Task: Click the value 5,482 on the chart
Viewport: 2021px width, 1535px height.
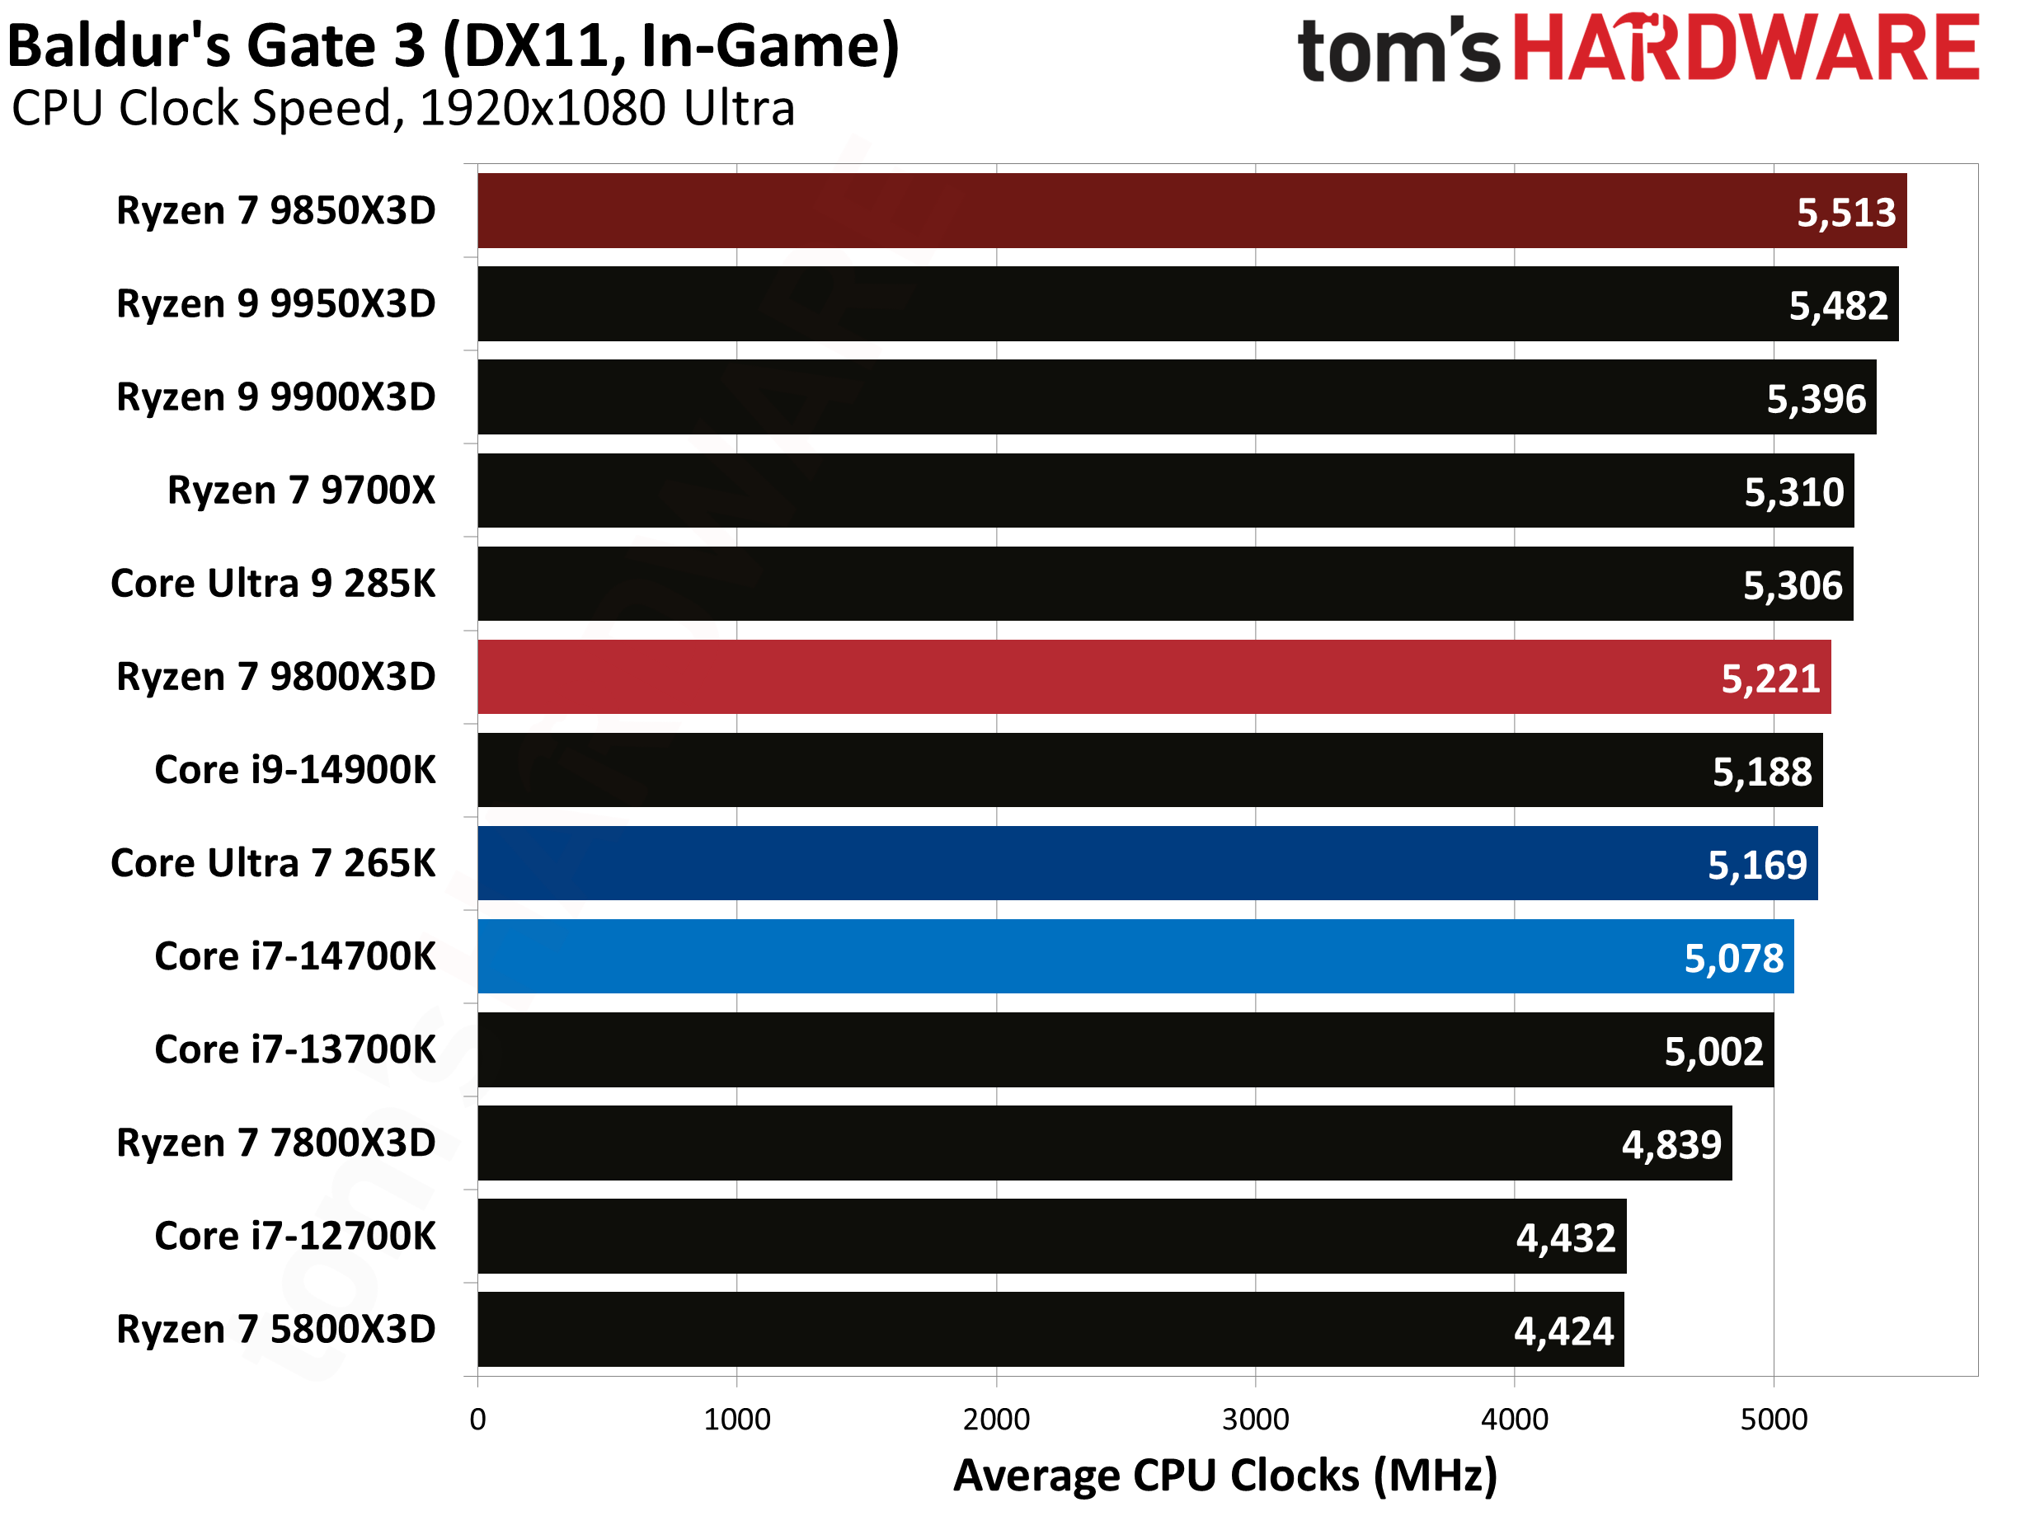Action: [1837, 305]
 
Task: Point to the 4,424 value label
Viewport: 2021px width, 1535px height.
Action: [1563, 1331]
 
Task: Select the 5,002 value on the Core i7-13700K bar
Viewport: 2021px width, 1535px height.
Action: [1713, 1051]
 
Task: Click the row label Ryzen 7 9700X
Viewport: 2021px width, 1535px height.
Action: [301, 491]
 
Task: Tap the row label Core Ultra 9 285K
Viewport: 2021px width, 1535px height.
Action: [272, 584]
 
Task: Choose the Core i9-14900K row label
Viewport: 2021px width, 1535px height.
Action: [294, 770]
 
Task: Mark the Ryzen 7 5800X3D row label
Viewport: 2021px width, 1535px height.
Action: [275, 1330]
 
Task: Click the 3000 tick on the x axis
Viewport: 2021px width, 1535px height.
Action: [1254, 1419]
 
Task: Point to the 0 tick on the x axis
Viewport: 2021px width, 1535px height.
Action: [477, 1419]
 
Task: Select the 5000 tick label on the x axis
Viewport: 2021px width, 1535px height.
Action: [1774, 1419]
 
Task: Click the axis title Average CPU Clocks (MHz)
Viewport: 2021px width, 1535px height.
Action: [1224, 1476]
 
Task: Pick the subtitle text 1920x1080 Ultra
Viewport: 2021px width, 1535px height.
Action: [607, 108]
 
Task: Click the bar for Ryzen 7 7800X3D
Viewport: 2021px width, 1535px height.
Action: [1097, 1143]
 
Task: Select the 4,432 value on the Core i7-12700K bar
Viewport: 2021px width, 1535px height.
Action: [1565, 1237]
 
